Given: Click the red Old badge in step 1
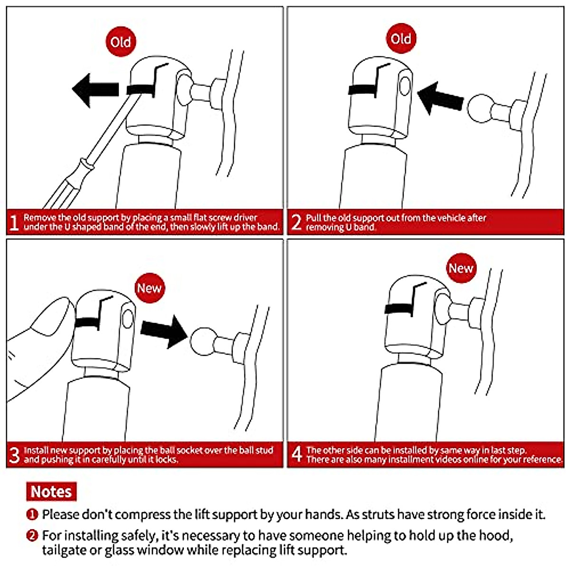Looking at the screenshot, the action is pos(121,41).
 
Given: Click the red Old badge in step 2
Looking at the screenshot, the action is pos(401,38).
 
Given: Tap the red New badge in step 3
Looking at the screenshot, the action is pos(150,288).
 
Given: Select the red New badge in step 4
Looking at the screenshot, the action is pos(461,268).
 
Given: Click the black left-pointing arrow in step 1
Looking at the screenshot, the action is pos(95,90).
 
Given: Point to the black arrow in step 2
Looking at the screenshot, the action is pos(440,98).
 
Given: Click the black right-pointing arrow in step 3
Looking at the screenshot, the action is pos(164,331).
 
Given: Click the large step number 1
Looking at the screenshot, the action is pos(14,222).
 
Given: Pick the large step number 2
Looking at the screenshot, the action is pos(296,222).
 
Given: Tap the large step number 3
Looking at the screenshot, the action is pos(14,455).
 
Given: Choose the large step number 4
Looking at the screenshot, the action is pos(297,454).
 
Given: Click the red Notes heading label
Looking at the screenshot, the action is pos(51,491).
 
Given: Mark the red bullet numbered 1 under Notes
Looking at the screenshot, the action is pos(32,514).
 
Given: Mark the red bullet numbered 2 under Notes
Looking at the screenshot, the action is pos(32,536).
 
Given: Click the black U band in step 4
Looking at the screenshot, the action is pos(399,309).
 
